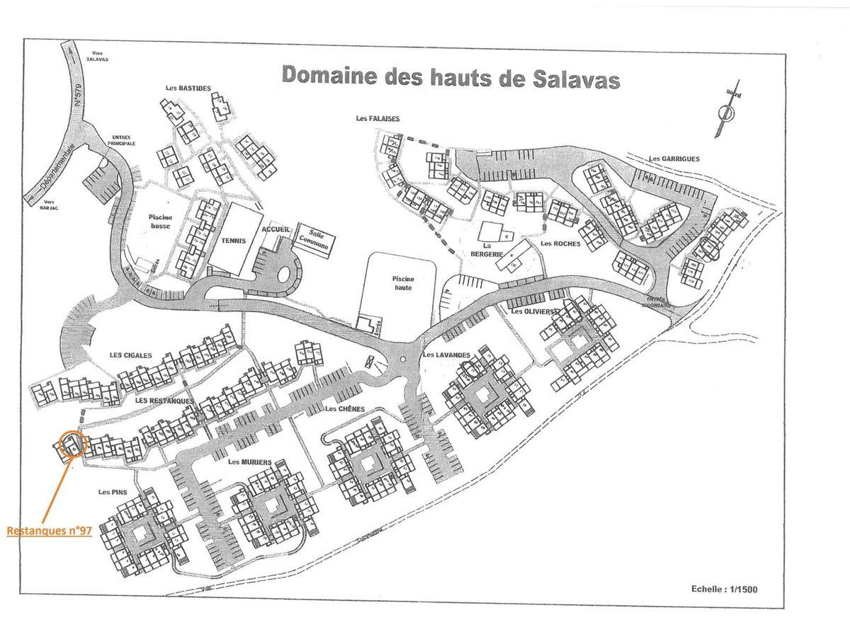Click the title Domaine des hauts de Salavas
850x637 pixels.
pyautogui.click(x=450, y=76)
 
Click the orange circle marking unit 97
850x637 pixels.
pyautogui.click(x=72, y=444)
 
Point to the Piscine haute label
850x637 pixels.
pyautogui.click(x=402, y=283)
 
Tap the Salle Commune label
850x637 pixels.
pyautogui.click(x=314, y=237)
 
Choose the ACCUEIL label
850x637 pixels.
pyautogui.click(x=276, y=230)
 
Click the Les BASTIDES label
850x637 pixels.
pyautogui.click(x=188, y=88)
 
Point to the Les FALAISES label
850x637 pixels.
pyautogui.click(x=378, y=119)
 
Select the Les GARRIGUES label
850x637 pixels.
pyautogui.click(x=674, y=159)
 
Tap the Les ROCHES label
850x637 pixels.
pyautogui.click(x=560, y=243)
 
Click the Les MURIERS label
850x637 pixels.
pyautogui.click(x=250, y=462)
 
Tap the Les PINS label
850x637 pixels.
pyautogui.click(x=113, y=492)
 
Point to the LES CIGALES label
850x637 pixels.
pyautogui.click(x=130, y=355)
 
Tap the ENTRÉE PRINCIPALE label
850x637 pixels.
pyautogui.click(x=122, y=140)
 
